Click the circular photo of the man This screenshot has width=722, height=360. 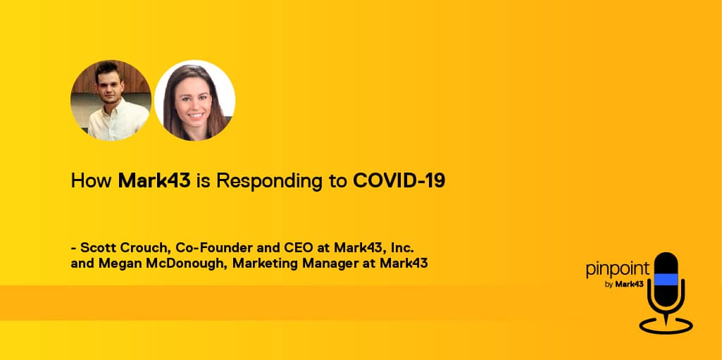pyautogui.click(x=111, y=100)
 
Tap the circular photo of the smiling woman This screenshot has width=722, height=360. pyautogui.click(x=194, y=100)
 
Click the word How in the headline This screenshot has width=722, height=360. pyautogui.click(x=91, y=181)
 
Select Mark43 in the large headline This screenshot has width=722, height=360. pyautogui.click(x=154, y=181)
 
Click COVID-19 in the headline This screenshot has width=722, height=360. pyautogui.click(x=399, y=181)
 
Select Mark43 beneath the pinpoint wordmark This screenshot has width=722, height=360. pyautogui.click(x=629, y=284)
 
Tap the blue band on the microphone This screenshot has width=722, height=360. pyautogui.click(x=666, y=280)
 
